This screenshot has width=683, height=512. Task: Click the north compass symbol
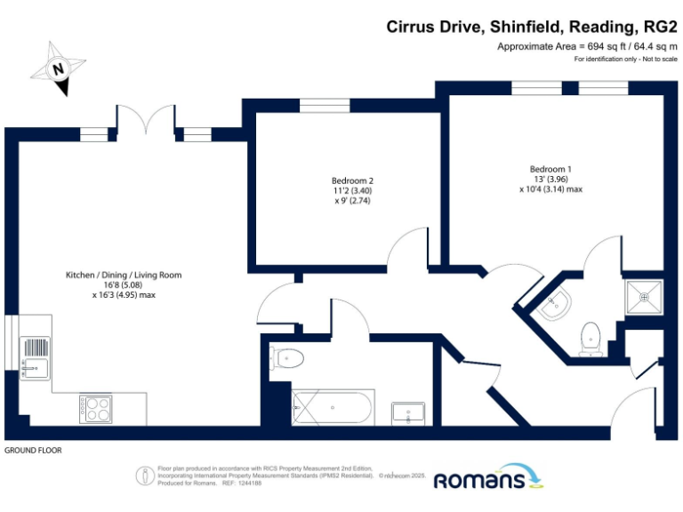point(58,68)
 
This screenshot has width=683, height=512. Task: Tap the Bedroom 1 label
point(550,169)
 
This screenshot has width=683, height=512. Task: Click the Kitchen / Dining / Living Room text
point(124,275)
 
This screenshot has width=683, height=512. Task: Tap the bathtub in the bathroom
point(331,408)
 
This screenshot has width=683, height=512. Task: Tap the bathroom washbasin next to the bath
point(412,412)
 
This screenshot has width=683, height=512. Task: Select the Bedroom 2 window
point(317,108)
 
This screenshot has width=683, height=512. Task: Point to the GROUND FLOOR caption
point(34,451)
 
